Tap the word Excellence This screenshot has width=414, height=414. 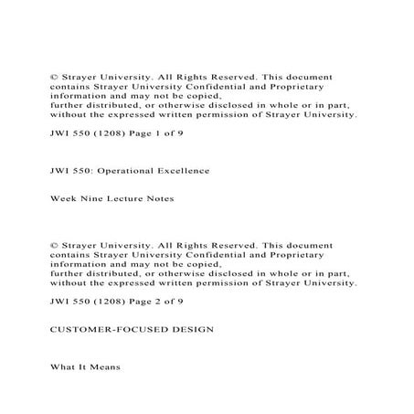tap(182, 171)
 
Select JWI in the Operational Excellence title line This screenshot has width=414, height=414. tap(59, 171)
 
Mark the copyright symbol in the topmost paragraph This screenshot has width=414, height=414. tap(53, 78)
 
